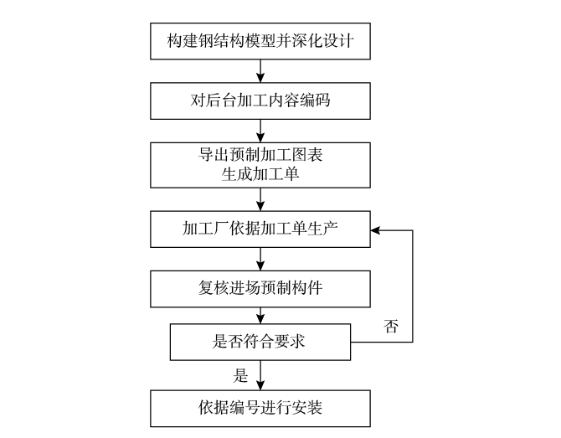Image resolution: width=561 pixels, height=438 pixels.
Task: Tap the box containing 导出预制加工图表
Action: coord(261,164)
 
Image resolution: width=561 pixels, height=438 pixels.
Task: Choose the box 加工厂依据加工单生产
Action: coord(261,229)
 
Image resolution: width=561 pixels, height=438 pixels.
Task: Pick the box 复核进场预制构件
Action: coord(261,290)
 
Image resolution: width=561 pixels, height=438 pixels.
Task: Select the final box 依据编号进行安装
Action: coord(261,408)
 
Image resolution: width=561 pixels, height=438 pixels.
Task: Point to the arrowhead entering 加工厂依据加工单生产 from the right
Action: coord(377,229)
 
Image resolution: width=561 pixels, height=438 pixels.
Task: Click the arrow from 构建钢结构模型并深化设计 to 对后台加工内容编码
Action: coord(261,72)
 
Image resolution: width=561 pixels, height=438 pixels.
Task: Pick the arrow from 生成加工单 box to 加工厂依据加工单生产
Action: coord(261,198)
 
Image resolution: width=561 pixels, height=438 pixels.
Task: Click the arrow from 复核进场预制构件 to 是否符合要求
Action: coord(261,316)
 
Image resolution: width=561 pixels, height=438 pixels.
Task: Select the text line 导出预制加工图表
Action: coord(261,155)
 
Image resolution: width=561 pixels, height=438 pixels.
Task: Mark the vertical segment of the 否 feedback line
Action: coord(413,285)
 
